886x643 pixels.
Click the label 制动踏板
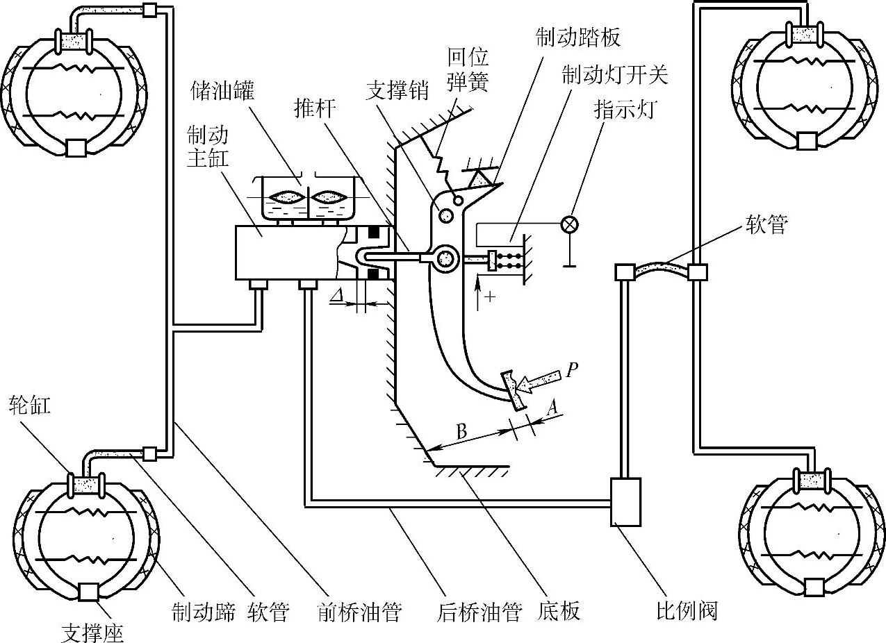[x=578, y=37]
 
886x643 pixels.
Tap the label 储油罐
[x=222, y=91]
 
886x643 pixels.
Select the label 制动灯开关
[x=615, y=75]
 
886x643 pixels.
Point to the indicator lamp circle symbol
[x=570, y=225]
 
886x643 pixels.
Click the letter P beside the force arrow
[x=572, y=369]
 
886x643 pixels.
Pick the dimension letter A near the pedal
[x=553, y=407]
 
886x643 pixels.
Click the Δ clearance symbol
[x=337, y=296]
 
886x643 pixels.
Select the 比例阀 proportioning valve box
[x=625, y=501]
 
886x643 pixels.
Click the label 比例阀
[x=687, y=611]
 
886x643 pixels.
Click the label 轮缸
[x=30, y=406]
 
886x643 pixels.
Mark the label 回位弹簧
[x=468, y=69]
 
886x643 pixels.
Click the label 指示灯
[x=625, y=110]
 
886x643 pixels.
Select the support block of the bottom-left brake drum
[x=88, y=592]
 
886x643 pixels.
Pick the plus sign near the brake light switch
[x=490, y=297]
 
